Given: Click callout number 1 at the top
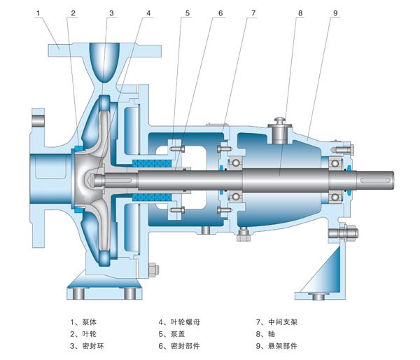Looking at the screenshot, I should click(38, 13).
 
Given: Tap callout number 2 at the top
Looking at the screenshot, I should click(71, 13).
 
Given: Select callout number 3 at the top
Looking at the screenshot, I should click(111, 13).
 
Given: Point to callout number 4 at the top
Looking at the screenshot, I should click(148, 13).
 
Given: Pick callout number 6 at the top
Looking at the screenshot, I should click(220, 13).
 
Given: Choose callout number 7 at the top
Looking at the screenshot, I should click(254, 13).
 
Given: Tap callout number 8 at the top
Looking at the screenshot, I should click(300, 13).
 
